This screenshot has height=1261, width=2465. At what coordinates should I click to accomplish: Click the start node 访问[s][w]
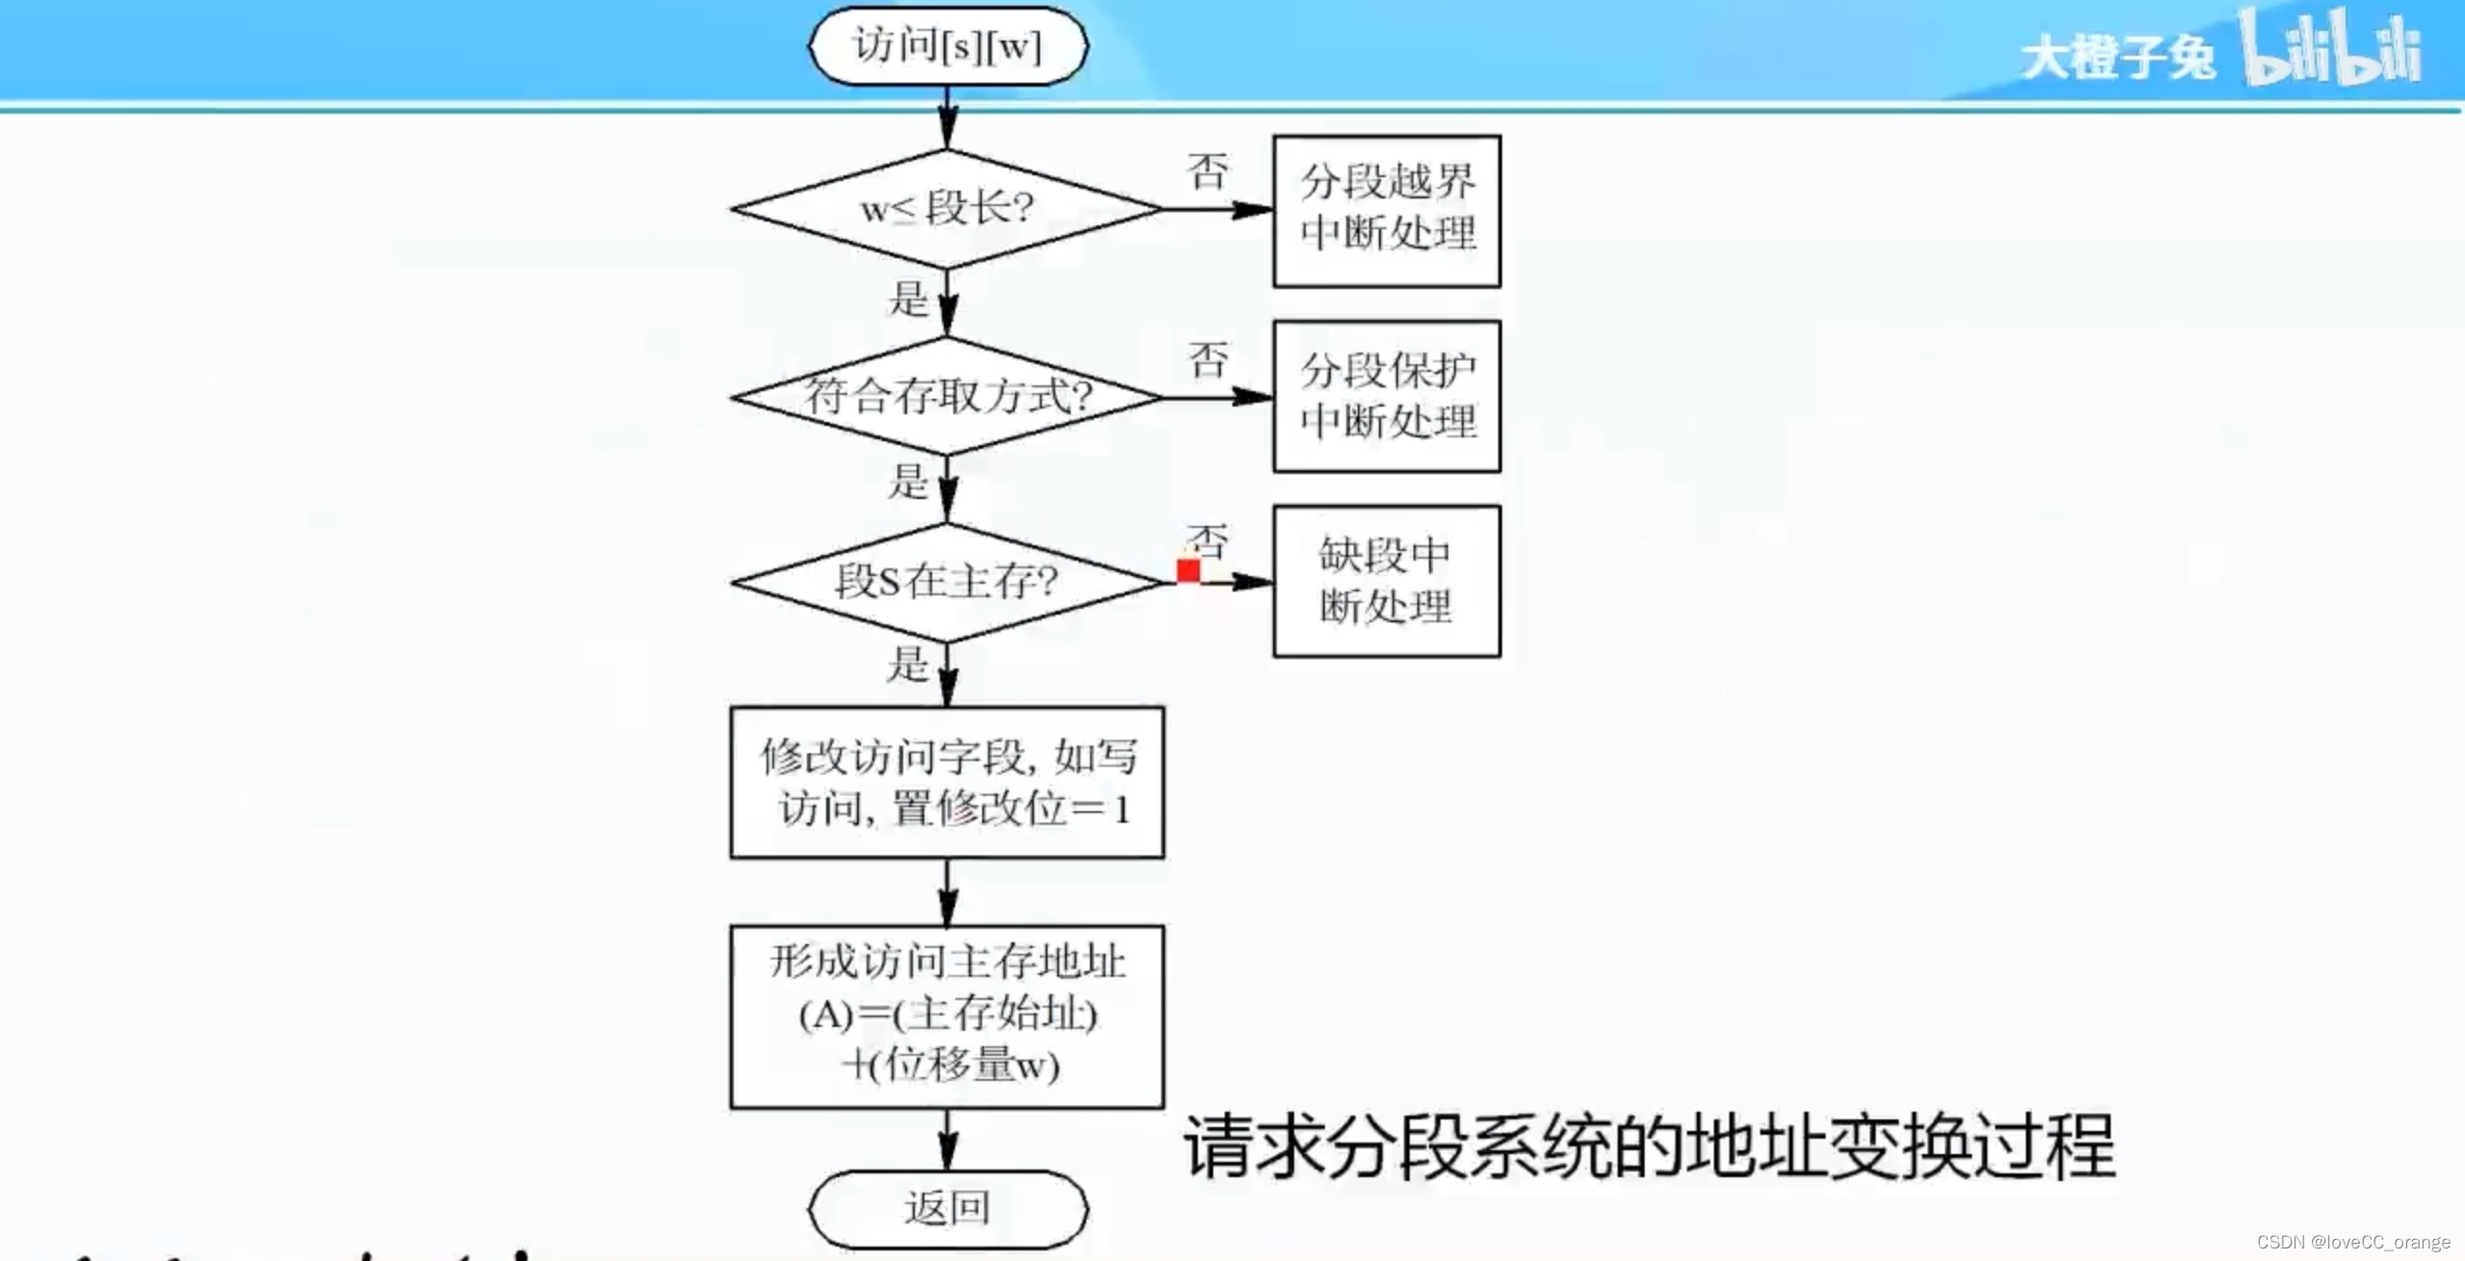(x=948, y=46)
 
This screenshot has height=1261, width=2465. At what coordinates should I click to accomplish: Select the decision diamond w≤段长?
(x=947, y=208)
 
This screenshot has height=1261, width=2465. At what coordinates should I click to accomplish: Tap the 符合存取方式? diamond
(x=947, y=396)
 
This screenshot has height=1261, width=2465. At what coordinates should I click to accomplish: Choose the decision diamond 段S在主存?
(x=947, y=582)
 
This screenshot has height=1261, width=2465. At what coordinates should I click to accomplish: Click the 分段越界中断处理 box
(x=1387, y=211)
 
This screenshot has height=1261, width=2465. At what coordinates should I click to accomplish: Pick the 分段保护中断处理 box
(x=1387, y=396)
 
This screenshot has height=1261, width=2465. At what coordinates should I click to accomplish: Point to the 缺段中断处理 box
(x=1387, y=581)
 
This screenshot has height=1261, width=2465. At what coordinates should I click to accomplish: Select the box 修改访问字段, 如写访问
(x=947, y=782)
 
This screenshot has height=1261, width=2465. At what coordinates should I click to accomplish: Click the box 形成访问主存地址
(x=947, y=1016)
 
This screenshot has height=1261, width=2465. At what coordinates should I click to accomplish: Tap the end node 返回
(x=948, y=1208)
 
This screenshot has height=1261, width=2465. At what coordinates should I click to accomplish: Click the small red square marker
(x=1188, y=571)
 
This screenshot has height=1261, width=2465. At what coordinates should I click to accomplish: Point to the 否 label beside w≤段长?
(x=1207, y=172)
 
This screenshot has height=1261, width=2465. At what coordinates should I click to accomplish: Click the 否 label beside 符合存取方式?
(x=1207, y=360)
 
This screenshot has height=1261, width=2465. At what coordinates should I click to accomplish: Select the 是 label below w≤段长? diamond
(x=908, y=299)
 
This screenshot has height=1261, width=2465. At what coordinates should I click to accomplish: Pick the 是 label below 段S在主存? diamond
(x=908, y=665)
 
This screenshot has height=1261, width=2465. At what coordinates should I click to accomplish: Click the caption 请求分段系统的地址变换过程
(x=1648, y=1146)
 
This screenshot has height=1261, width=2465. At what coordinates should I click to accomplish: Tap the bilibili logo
(x=2330, y=48)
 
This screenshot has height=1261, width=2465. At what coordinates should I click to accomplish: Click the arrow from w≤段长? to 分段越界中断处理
(x=1217, y=209)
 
